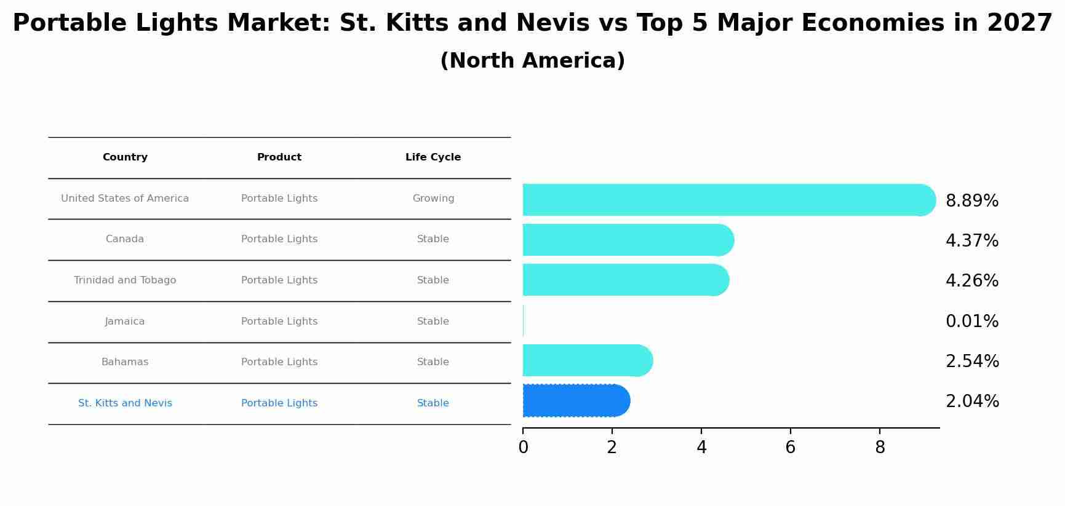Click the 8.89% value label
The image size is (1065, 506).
[x=971, y=201]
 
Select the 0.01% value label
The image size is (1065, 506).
[x=971, y=322]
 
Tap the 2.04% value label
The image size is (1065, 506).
[x=971, y=401]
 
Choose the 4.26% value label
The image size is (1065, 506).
[x=971, y=281]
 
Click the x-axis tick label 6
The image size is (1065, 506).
[x=790, y=448]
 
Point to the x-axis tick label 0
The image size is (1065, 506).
[x=523, y=448]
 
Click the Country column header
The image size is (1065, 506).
[x=125, y=157]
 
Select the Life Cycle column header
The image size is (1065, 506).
[x=433, y=157]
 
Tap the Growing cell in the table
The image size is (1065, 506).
[x=433, y=199]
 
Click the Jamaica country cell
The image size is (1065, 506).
[x=125, y=322]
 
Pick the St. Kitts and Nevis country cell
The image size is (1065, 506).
[x=125, y=403]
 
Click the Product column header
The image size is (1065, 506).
[x=279, y=157]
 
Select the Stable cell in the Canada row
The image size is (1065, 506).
[x=433, y=239]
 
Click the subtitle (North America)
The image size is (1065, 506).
[x=532, y=61]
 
